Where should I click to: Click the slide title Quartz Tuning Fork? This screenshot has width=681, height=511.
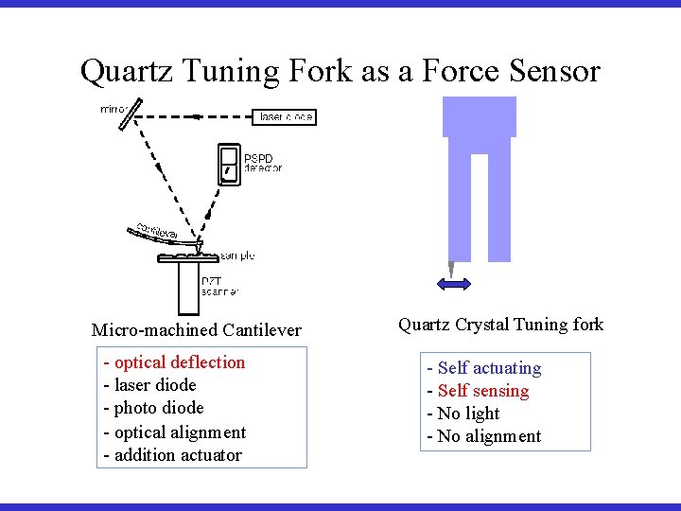340,71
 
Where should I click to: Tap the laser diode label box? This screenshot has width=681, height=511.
285,117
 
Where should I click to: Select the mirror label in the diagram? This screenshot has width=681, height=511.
113,110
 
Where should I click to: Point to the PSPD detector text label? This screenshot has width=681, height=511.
263,163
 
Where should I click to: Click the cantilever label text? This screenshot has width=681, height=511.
156,231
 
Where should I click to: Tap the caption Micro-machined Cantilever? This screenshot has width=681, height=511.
197,330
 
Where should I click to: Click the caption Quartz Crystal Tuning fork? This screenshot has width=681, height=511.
500,325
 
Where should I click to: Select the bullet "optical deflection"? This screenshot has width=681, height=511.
175,362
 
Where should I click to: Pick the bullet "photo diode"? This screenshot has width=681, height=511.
154,408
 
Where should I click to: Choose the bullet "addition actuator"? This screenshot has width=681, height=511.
173,455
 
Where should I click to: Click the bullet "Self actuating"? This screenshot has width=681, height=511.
484,368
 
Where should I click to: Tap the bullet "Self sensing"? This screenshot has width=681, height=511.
479,391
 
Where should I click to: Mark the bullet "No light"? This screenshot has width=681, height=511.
463,414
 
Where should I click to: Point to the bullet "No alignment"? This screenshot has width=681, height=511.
484,436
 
